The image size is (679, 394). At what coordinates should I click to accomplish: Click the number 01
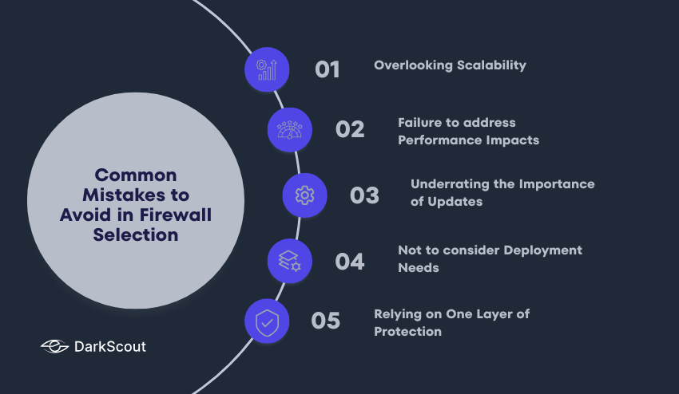(328, 69)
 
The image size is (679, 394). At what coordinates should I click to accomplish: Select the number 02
(350, 129)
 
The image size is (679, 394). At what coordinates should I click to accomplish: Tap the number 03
(364, 195)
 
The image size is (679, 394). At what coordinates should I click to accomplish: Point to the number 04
(350, 261)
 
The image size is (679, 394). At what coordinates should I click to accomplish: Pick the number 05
(326, 321)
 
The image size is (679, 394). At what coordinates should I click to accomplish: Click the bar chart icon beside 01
(267, 69)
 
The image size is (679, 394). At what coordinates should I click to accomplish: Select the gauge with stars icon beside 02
(289, 129)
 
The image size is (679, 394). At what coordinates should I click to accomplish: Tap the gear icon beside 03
(304, 195)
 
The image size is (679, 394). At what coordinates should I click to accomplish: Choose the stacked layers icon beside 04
(289, 261)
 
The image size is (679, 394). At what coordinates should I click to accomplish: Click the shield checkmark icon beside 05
(267, 321)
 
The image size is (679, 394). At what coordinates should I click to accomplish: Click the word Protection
(407, 331)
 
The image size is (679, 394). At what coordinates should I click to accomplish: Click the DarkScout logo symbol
(54, 346)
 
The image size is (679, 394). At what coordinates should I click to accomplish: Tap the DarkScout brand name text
(109, 346)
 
